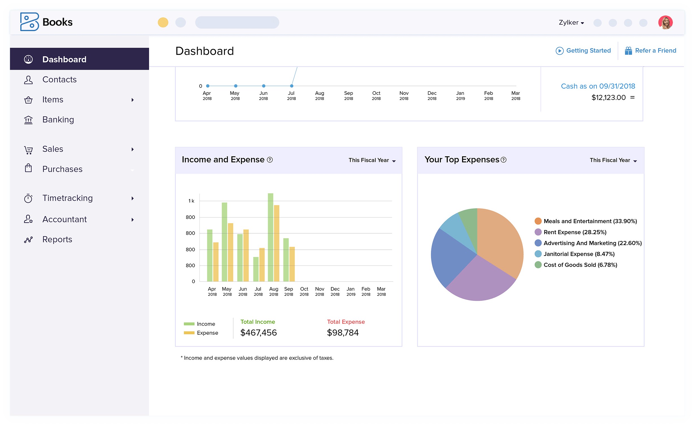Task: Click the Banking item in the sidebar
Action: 58,120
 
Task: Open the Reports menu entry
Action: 57,240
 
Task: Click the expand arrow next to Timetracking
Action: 132,198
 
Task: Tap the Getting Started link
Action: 588,51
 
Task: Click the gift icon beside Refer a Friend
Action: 628,51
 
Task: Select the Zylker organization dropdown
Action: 571,23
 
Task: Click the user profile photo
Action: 665,23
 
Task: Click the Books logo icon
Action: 29,22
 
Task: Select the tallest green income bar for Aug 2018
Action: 270,237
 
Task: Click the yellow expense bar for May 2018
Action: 230,252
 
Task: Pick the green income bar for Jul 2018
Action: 256,269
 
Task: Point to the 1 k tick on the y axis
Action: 191,201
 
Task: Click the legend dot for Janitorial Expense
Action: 538,254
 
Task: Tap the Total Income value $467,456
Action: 258,332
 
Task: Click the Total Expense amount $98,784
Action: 343,332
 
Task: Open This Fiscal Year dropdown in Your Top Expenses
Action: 613,160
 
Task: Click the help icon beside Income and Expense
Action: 270,160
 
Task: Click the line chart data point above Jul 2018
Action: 291,86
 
